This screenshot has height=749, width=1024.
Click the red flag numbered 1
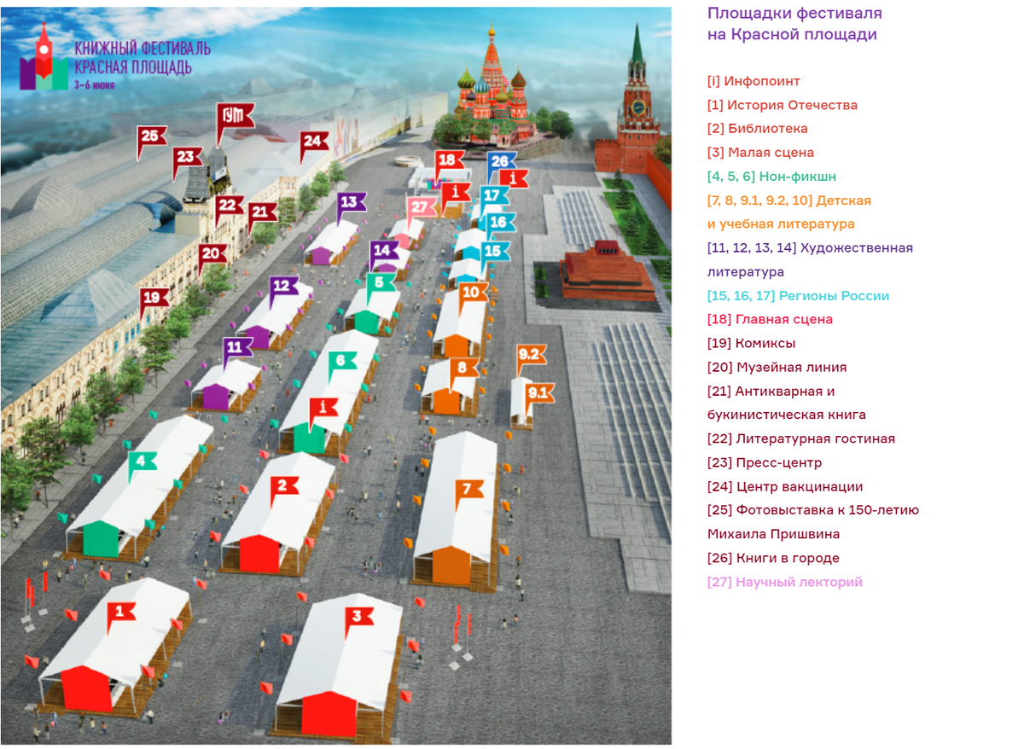click(120, 611)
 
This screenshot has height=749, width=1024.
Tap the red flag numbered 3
click(358, 617)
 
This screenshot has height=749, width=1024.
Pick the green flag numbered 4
click(142, 462)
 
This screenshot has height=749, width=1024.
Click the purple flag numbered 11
click(238, 347)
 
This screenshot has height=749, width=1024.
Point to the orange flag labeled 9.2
click(530, 354)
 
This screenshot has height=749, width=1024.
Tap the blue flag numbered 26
click(499, 161)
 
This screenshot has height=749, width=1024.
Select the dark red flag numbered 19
click(153, 298)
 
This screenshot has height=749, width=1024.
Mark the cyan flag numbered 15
click(492, 252)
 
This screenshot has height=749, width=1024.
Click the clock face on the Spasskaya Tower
click(637, 107)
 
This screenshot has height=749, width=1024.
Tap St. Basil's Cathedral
click(492, 90)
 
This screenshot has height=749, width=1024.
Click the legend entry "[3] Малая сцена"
click(760, 153)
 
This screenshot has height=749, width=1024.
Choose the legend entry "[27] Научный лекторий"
click(784, 582)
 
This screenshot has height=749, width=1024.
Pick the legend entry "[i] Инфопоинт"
click(753, 81)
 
